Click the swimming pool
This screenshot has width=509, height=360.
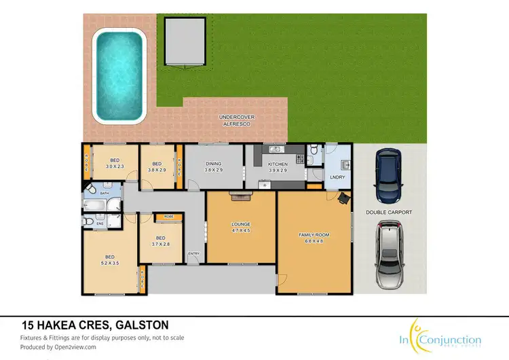[x=119, y=75]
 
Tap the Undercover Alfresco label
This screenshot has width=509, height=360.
[x=236, y=120]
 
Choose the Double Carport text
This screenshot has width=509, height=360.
[x=390, y=212]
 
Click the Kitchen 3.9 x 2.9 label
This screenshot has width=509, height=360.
[x=277, y=167]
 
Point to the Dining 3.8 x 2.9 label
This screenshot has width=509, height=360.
[x=214, y=167]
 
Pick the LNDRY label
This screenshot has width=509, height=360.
[x=337, y=177]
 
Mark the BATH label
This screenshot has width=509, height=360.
[x=105, y=194]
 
